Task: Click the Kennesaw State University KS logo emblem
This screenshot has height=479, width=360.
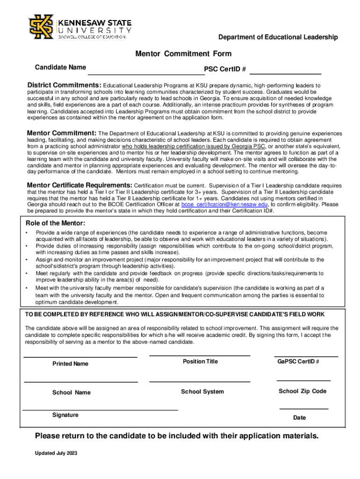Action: point(41,27)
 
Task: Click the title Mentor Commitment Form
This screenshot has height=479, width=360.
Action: point(183,54)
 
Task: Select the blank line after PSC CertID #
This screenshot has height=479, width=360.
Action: point(286,74)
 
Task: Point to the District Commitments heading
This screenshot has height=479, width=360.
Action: point(64,86)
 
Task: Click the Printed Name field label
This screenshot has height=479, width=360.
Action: point(70,363)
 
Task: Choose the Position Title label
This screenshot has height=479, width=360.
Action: point(200,362)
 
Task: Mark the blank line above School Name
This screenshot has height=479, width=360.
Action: point(81,382)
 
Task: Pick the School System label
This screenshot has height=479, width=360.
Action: point(202,392)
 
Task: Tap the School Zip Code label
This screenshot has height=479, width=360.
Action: point(302,391)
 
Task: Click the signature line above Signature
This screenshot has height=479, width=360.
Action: point(100,410)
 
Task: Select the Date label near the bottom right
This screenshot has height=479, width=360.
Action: point(300,418)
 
